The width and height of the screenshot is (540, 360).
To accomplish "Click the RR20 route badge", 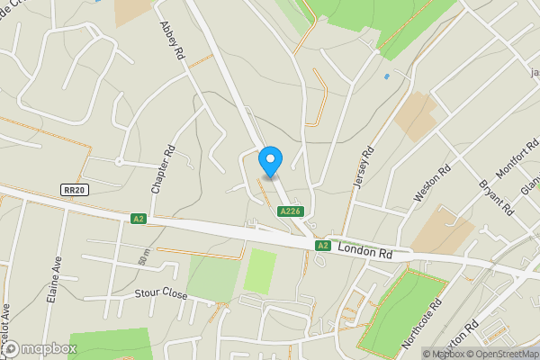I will point(74,190).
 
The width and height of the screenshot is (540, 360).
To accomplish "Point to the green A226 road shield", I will point(288,211).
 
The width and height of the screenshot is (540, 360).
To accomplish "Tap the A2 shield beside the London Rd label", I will point(322,245).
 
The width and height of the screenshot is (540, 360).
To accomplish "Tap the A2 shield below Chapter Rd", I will point(138,218).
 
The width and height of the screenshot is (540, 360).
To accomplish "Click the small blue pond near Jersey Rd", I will point(386,76).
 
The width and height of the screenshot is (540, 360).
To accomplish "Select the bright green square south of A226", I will point(260,271).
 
